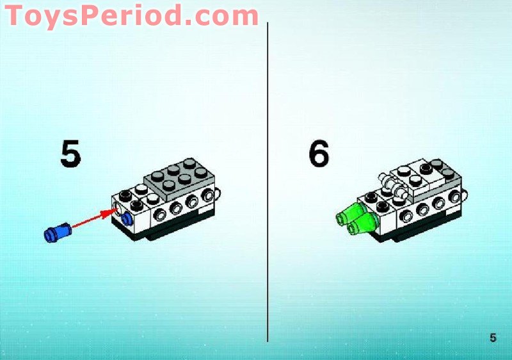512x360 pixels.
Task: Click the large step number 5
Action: tap(70, 154)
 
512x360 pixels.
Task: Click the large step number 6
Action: tap(318, 154)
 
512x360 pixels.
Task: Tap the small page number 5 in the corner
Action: tap(493, 338)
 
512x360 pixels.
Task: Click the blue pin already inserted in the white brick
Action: tap(127, 218)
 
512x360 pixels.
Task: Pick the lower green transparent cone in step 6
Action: tap(362, 224)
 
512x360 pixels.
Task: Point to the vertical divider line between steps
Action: tap(268, 192)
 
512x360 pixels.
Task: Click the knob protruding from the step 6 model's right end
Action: tap(466, 191)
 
